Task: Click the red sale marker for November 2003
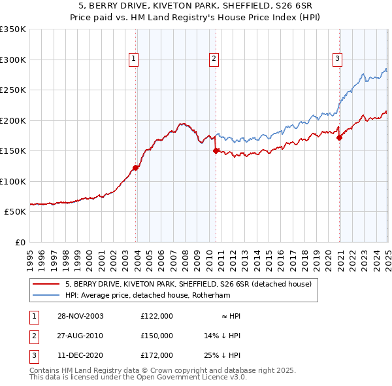tap(136, 168)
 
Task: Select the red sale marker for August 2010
tap(216, 150)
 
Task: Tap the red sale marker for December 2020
tap(340, 137)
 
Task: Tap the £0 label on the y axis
tap(20, 242)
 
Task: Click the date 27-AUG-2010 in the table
tap(80, 336)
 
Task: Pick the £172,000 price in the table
tap(157, 355)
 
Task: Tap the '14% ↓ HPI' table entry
tap(223, 336)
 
